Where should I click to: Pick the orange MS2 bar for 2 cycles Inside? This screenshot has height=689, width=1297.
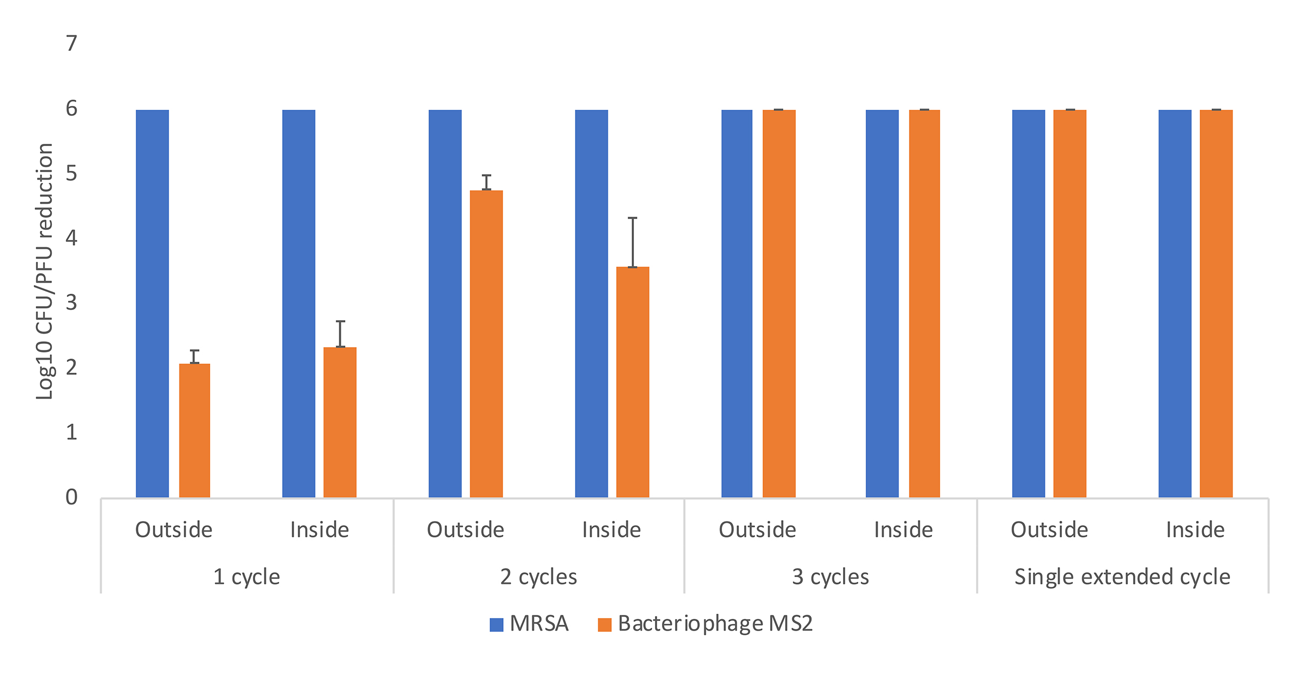[x=632, y=382]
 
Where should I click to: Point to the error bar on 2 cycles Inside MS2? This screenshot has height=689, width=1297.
[x=632, y=242]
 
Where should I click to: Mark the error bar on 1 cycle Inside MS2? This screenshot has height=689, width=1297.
[x=340, y=334]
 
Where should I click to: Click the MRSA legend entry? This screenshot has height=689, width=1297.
[x=530, y=624]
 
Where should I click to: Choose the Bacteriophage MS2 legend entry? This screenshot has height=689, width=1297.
[x=705, y=624]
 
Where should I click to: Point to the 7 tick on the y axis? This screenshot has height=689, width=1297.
[x=71, y=43]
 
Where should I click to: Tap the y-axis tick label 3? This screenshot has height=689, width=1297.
[x=71, y=302]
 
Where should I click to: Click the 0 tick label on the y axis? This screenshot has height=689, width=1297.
[x=71, y=497]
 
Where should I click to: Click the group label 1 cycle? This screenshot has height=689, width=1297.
[x=247, y=577]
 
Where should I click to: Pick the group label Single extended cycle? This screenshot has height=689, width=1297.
[x=1122, y=577]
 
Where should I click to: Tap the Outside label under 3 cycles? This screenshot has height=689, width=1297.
[x=757, y=530]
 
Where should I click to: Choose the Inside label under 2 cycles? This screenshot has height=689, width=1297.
[x=611, y=530]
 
